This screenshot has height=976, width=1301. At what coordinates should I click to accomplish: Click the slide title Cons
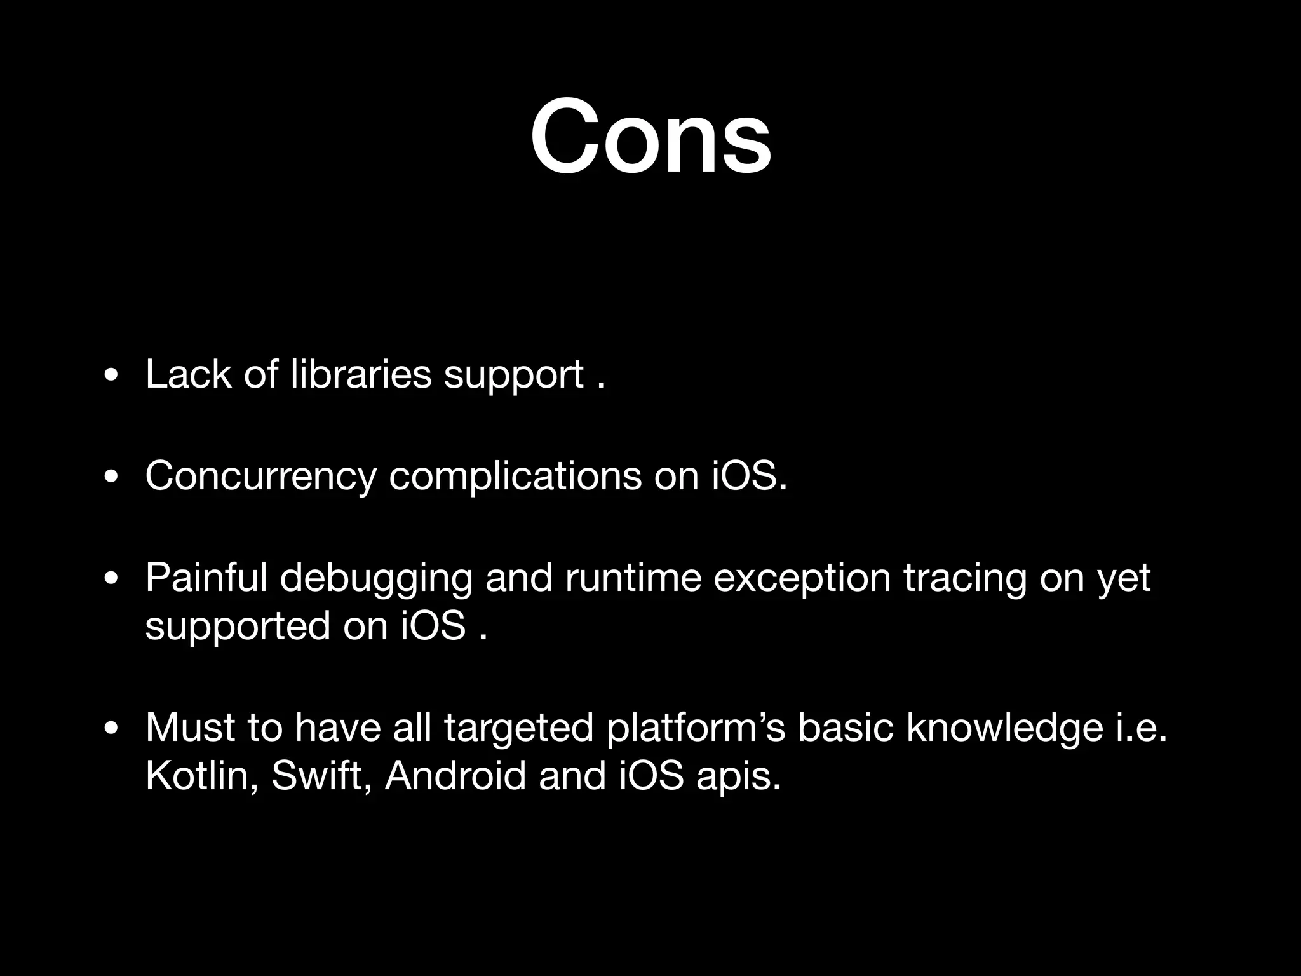tap(650, 137)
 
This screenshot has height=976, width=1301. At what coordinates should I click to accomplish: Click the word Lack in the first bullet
tap(188, 374)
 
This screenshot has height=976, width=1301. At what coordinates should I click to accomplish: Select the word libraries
tap(361, 374)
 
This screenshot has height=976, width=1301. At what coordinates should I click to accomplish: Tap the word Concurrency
tap(260, 475)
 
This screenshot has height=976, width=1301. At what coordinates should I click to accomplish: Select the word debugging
tap(376, 579)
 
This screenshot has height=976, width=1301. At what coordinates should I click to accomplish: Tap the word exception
tap(802, 579)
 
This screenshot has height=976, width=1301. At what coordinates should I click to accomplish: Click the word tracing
tap(964, 579)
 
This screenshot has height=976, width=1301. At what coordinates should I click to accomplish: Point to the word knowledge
tap(1005, 728)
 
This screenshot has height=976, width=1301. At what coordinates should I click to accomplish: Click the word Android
tap(455, 776)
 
